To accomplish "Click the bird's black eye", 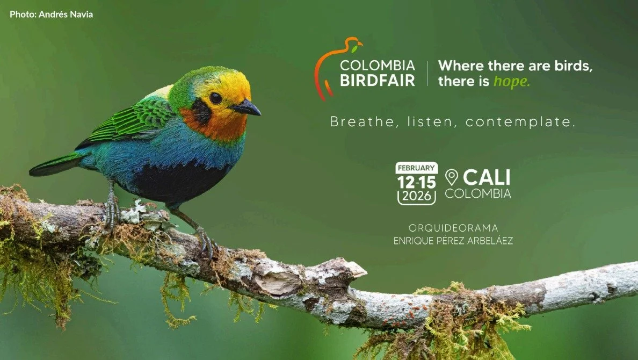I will [x=215, y=98].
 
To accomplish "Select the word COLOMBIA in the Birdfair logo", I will [x=377, y=66].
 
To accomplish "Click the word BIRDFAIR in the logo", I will [x=377, y=81].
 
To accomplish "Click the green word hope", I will [x=511, y=82].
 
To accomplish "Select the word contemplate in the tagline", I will [x=520, y=122].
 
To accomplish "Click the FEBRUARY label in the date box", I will [x=417, y=168].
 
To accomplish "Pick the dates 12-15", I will [x=417, y=182].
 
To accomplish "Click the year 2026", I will [x=417, y=196].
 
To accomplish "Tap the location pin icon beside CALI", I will [x=452, y=177].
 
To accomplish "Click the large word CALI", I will [x=487, y=177].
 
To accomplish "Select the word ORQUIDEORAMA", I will [x=453, y=228].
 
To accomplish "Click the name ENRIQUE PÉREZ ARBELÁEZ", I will [x=453, y=241].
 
